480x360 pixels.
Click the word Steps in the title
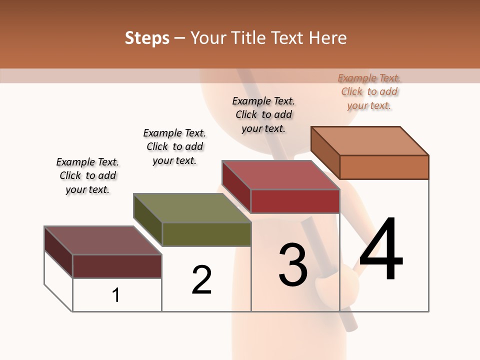[x=147, y=38]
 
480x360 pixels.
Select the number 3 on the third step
[x=293, y=265]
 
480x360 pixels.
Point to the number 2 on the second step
[x=201, y=279]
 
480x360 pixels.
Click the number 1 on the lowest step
[x=116, y=295]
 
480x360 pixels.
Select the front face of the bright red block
[x=295, y=201]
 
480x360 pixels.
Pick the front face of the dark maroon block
[x=117, y=266]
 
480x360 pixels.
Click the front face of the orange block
[x=384, y=167]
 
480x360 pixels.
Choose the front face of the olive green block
[x=206, y=234]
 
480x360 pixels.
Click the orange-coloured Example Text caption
[x=369, y=91]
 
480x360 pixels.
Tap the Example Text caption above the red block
[x=263, y=114]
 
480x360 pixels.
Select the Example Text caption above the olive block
[x=174, y=146]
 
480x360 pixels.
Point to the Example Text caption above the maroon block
[x=87, y=175]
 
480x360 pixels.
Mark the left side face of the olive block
[x=148, y=219]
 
